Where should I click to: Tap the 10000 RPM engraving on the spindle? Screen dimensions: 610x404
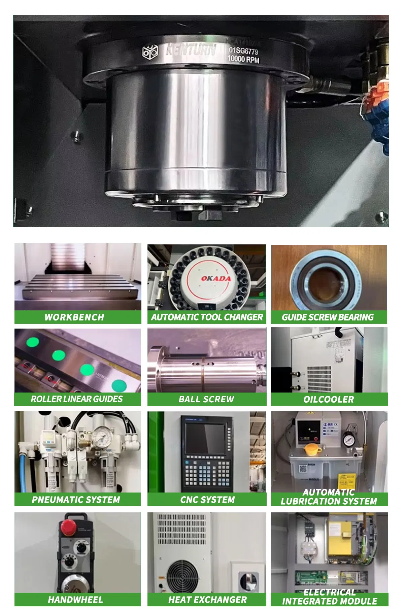(243, 60)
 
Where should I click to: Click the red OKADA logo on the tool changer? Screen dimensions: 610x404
(216, 278)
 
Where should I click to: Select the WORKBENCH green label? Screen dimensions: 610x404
(74, 317)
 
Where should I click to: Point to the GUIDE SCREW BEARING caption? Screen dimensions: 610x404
(328, 317)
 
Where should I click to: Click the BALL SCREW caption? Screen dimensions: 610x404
(206, 399)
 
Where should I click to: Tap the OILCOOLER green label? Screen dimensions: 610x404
(329, 400)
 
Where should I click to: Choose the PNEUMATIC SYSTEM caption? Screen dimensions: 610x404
(76, 500)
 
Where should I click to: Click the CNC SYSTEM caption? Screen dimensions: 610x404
(207, 500)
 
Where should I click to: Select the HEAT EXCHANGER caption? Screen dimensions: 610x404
(207, 600)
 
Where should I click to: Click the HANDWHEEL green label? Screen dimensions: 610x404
(75, 600)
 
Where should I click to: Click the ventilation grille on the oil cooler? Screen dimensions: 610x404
(319, 379)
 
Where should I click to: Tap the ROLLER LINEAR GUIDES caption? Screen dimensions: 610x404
(77, 399)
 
